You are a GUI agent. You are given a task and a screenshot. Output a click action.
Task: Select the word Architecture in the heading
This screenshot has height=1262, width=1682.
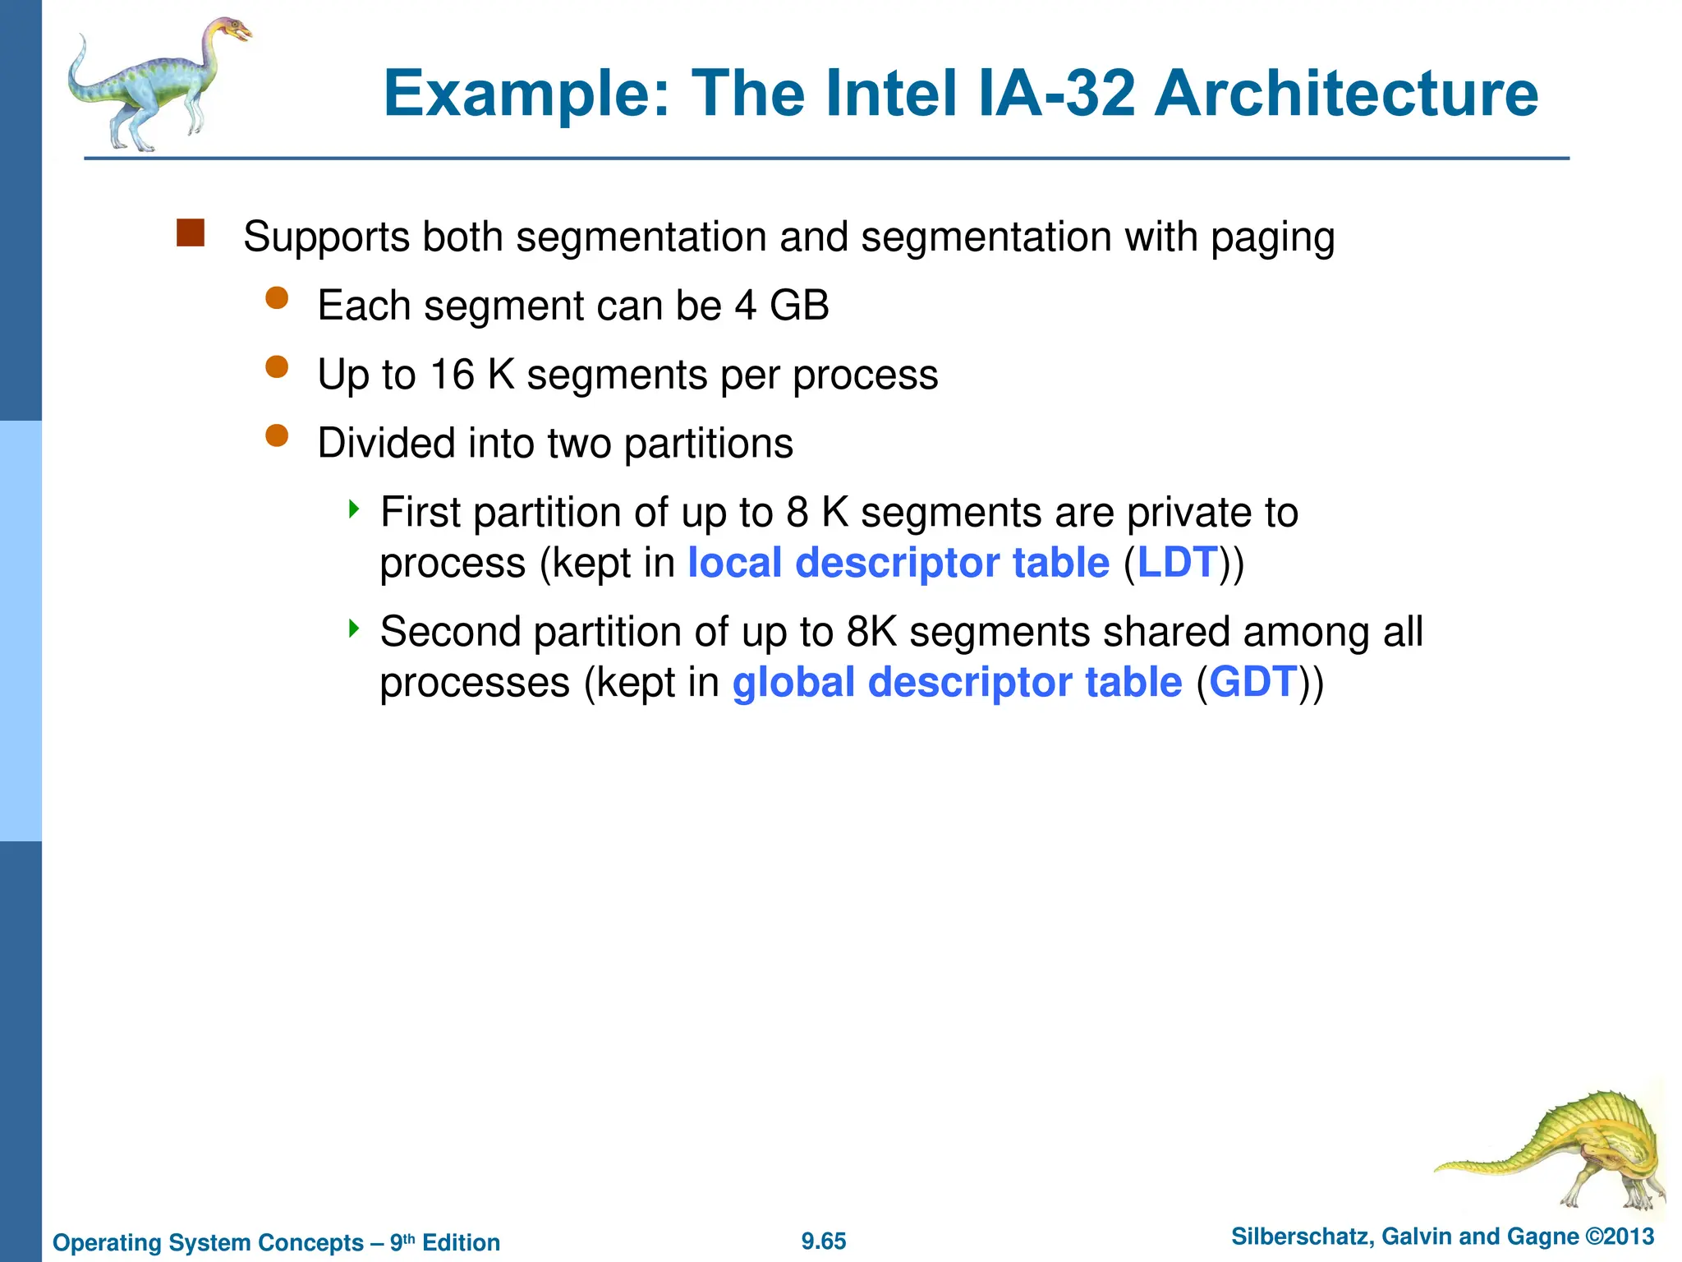(x=1346, y=94)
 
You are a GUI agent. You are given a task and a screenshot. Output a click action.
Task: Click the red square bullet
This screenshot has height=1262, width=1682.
(x=190, y=233)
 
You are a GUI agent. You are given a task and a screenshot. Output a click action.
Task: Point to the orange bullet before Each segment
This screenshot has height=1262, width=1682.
(x=278, y=297)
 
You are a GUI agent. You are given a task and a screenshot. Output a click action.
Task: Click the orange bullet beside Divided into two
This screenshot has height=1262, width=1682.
(x=278, y=435)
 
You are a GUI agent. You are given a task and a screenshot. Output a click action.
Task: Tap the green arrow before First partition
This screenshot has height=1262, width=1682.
(x=354, y=509)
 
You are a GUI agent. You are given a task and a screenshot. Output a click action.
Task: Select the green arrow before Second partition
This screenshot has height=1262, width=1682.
(x=354, y=629)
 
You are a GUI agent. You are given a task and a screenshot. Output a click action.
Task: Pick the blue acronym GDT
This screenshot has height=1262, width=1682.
(x=1253, y=683)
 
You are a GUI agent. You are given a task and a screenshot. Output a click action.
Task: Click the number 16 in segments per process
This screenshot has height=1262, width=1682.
(x=453, y=375)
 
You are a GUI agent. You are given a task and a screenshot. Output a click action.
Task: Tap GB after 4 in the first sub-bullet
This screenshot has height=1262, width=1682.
(x=799, y=306)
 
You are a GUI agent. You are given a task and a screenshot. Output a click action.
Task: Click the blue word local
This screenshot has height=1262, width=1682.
(x=734, y=564)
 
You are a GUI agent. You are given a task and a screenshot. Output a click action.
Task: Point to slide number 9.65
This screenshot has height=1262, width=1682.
(x=824, y=1241)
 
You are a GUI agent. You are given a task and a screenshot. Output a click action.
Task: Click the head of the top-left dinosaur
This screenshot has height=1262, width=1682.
(x=235, y=31)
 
